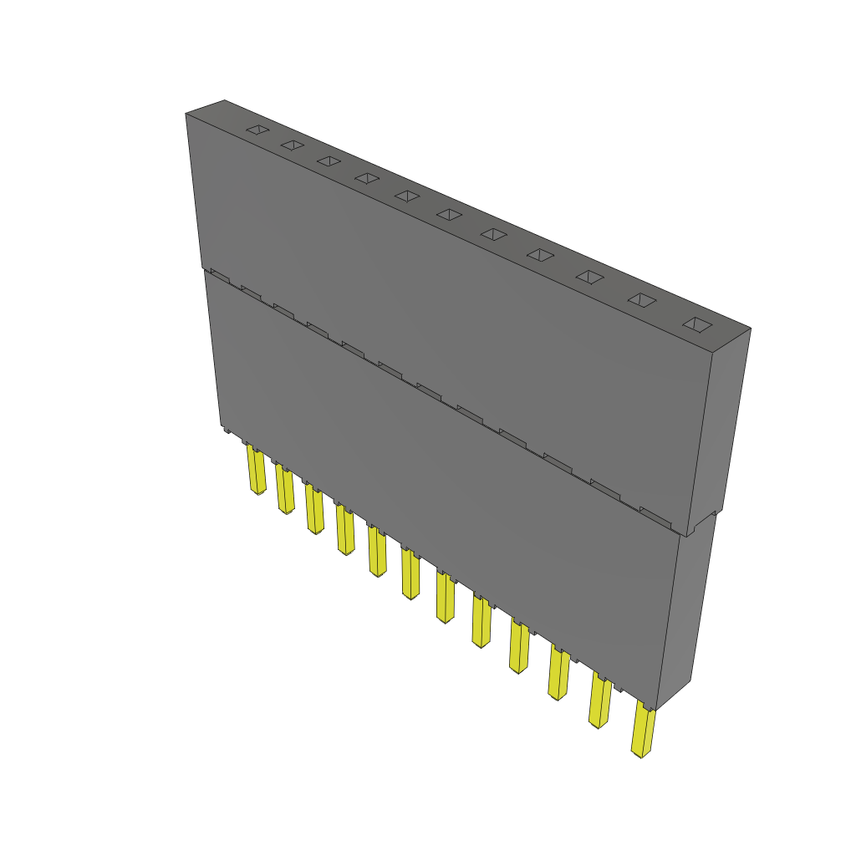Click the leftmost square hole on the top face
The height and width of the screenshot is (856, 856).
258,130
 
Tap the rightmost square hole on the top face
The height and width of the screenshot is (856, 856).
696,324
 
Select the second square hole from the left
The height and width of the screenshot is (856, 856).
292,145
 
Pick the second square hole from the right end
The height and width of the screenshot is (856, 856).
641,299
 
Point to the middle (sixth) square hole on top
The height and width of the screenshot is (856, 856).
449,215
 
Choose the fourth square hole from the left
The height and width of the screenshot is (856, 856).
366,178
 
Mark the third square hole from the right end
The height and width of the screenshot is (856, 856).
590,277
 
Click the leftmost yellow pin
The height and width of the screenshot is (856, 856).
255,470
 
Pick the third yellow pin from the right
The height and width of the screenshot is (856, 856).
558,673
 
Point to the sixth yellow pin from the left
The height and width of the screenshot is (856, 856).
410,573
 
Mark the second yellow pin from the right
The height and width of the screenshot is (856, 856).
599,701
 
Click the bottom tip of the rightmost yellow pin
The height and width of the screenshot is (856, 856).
640,755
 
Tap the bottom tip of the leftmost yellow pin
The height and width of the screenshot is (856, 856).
257,492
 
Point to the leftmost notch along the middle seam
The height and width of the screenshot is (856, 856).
219,273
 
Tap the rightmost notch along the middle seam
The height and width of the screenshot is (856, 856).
655,512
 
